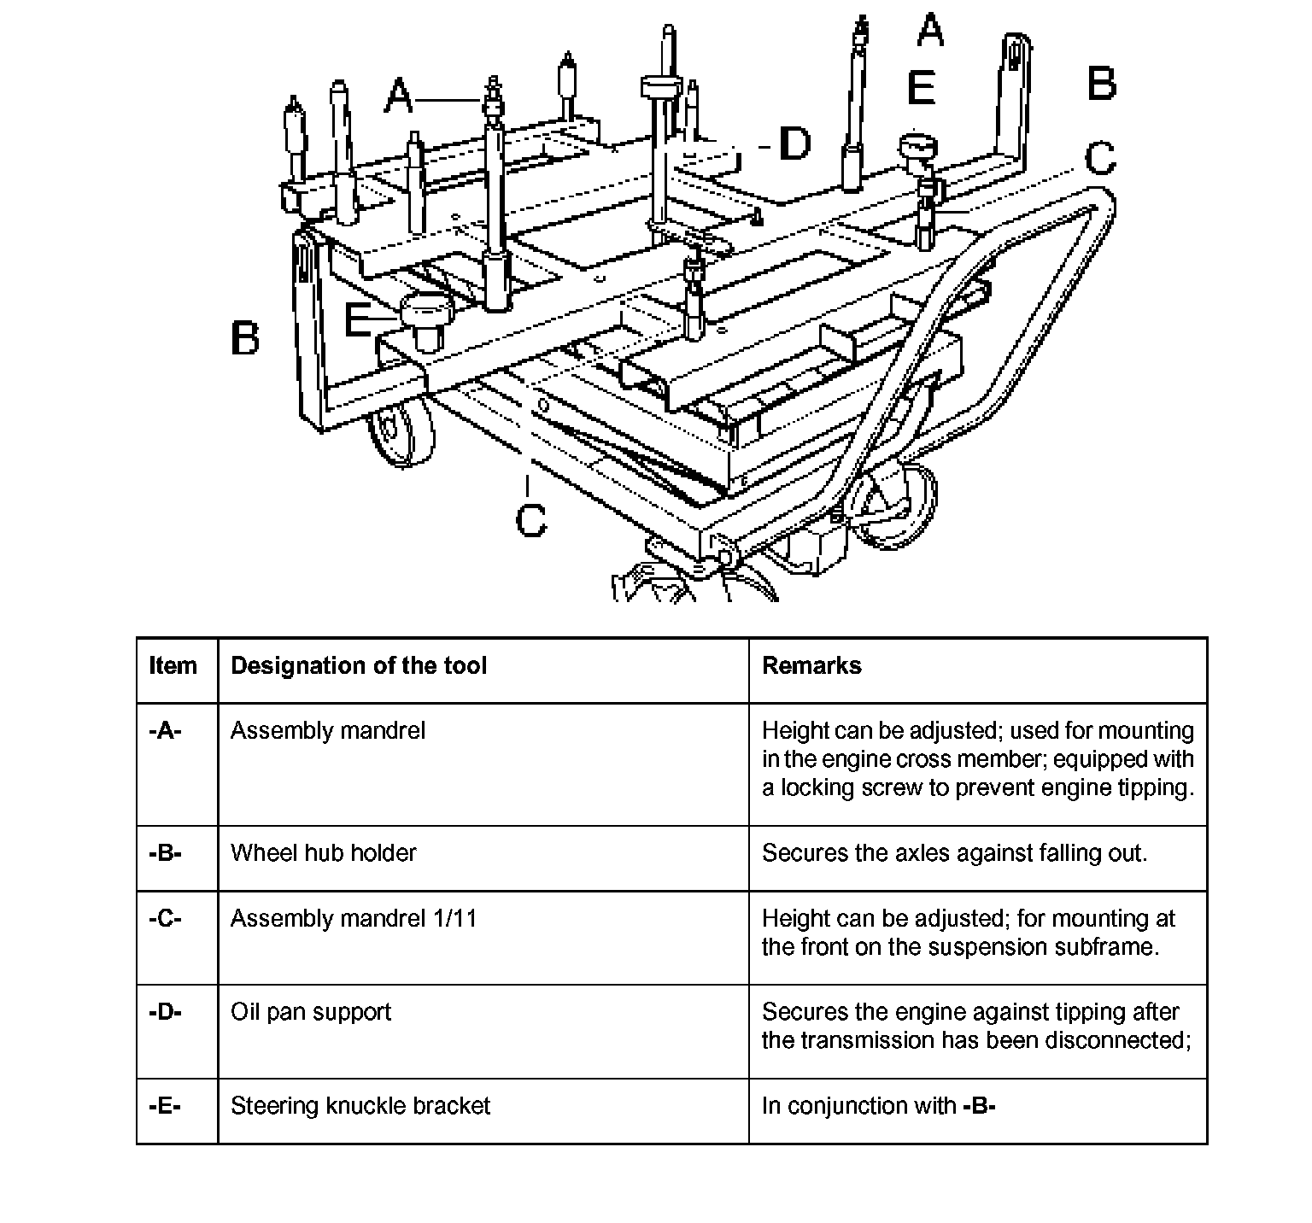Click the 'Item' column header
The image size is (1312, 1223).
click(173, 666)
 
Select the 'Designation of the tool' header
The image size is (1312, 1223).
click(359, 666)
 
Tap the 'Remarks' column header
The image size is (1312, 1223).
click(811, 666)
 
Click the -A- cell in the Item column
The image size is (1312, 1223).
click(165, 731)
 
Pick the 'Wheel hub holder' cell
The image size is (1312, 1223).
click(324, 853)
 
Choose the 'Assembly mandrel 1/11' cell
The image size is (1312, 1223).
click(354, 919)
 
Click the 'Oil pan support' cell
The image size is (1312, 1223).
click(311, 1012)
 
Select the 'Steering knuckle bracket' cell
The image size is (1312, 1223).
click(360, 1106)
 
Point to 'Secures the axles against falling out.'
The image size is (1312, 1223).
click(954, 853)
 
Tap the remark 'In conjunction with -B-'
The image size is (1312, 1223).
click(879, 1106)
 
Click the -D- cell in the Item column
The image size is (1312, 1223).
click(165, 1012)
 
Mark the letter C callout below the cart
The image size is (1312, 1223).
click(530, 520)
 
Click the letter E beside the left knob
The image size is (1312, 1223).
click(359, 321)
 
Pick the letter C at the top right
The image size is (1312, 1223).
click(1100, 158)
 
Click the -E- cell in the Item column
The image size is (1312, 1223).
click(165, 1106)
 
